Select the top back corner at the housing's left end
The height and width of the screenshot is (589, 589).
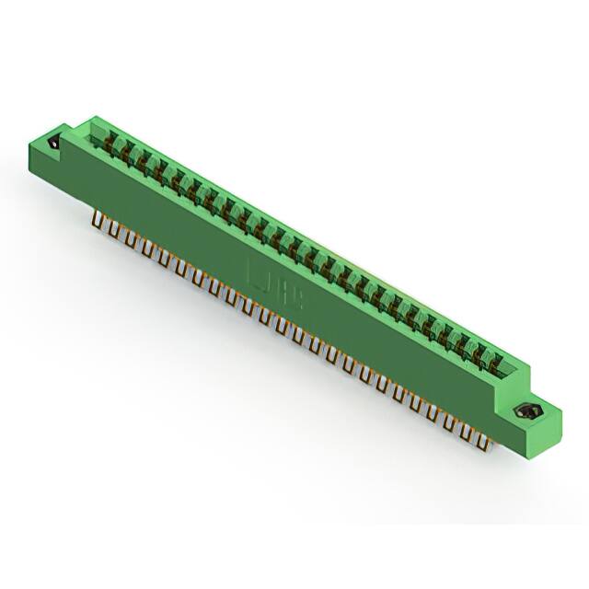coord(94,117)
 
